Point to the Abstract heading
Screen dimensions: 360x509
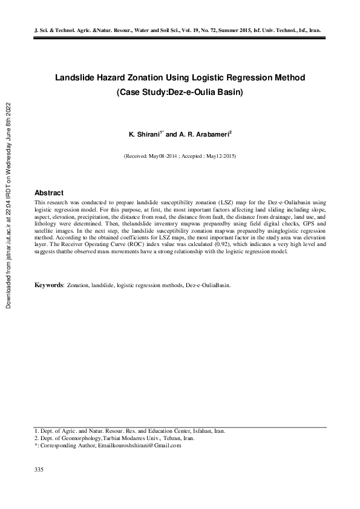(49, 192)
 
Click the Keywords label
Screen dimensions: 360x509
(49, 284)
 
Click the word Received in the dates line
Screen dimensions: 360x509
(138, 155)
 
